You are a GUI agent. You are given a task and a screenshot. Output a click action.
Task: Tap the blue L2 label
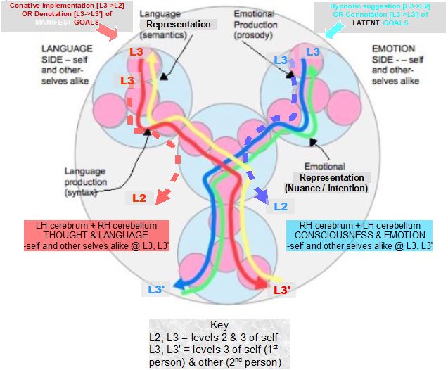tap(281, 206)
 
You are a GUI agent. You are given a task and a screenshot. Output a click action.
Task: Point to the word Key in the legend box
tap(219, 325)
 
